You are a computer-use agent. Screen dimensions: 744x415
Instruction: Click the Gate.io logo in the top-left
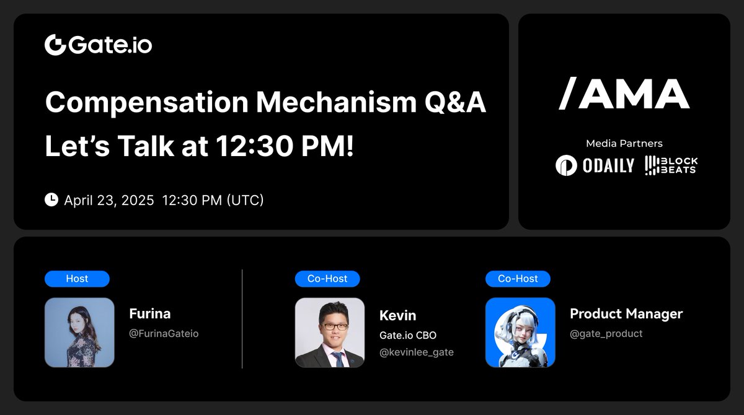[99, 45]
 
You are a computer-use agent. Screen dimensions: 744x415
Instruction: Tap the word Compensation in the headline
[147, 103]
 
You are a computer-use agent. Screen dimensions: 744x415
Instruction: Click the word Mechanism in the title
[336, 102]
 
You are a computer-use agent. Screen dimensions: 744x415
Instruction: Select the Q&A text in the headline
[455, 102]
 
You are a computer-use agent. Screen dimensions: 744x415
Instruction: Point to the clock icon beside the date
[51, 199]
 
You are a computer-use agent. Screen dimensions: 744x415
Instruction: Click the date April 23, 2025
[109, 200]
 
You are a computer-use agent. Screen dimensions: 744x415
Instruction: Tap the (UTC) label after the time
[245, 200]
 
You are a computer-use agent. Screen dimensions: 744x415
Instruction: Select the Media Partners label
[624, 144]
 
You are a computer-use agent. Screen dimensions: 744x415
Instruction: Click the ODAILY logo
[595, 165]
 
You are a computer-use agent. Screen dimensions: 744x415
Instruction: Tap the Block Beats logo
[671, 165]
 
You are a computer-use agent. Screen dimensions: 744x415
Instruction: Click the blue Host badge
[77, 279]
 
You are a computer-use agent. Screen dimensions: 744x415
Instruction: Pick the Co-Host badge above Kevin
[327, 279]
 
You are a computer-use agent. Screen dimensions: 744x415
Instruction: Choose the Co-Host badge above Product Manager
[518, 279]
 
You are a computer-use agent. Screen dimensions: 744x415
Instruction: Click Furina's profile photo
[79, 333]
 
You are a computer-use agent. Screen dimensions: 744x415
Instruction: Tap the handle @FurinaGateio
[164, 333]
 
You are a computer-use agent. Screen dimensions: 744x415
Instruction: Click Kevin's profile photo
[329, 333]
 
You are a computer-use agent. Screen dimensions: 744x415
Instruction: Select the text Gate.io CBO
[408, 335]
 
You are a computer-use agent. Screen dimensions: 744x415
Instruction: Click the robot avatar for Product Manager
[520, 333]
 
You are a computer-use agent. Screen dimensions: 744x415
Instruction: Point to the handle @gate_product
[606, 333]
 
